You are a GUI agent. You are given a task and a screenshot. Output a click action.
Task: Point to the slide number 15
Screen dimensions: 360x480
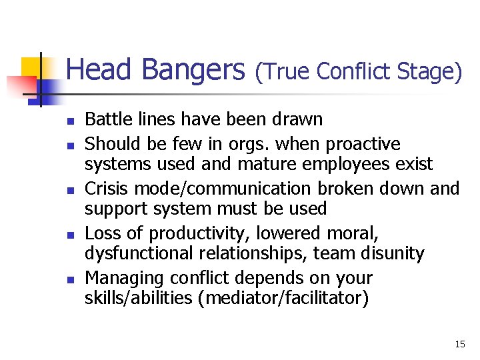pos(460,344)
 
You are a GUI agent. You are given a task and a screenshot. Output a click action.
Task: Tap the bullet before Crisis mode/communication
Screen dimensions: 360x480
pos(68,190)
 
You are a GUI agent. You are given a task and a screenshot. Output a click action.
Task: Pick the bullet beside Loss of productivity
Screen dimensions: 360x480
pos(68,235)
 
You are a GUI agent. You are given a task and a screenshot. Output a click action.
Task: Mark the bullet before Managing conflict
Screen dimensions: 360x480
pos(68,280)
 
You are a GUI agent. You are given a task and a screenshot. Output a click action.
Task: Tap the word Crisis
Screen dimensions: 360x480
pos(105,189)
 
